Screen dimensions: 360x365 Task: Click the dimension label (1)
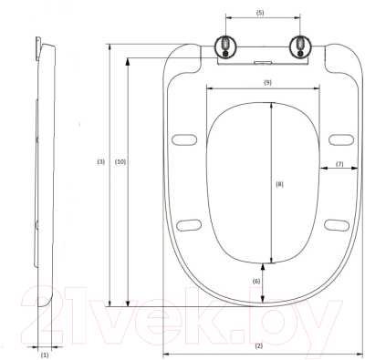click(x=45, y=355)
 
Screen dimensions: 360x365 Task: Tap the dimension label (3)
click(x=100, y=161)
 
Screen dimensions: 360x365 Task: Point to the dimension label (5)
click(x=259, y=13)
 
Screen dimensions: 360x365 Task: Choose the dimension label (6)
click(x=255, y=282)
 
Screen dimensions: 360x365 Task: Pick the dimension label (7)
click(x=339, y=164)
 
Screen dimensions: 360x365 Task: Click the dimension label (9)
click(x=267, y=82)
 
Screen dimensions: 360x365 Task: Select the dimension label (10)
click(x=120, y=161)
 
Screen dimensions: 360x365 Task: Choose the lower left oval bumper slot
click(x=189, y=224)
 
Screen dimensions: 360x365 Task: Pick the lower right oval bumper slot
click(x=337, y=224)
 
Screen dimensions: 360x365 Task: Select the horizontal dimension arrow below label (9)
click(x=264, y=89)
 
